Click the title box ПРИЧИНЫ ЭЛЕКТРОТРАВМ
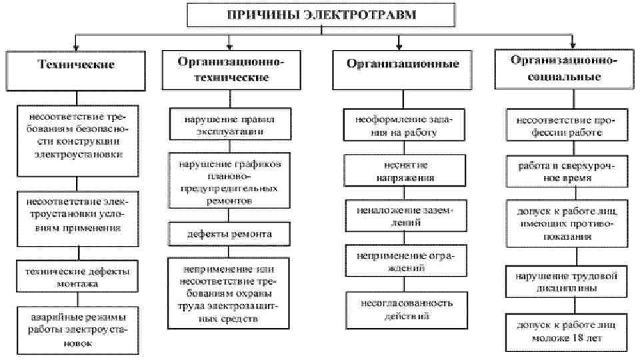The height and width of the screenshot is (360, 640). [x=321, y=15]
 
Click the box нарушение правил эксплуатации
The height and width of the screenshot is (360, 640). [x=229, y=125]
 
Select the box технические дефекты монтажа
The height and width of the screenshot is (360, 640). [x=77, y=277]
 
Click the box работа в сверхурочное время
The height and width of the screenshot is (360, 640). [x=564, y=170]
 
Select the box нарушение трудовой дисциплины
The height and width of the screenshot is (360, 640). [x=564, y=281]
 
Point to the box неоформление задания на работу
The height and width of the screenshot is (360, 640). [x=399, y=125]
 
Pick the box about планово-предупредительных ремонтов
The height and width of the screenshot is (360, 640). [x=229, y=181]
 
